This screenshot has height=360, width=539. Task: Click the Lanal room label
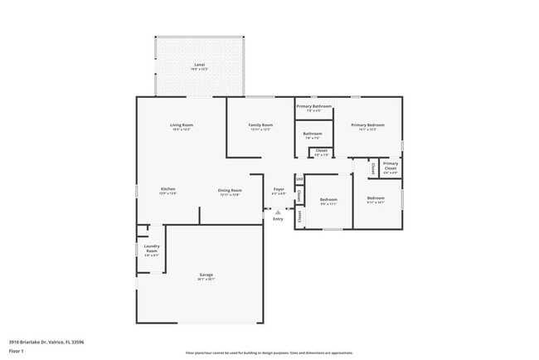(199, 64)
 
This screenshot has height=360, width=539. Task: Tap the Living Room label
(182, 124)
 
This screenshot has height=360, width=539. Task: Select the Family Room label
(260, 124)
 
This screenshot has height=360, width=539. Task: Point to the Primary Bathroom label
(314, 106)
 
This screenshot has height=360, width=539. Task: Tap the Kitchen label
(168, 189)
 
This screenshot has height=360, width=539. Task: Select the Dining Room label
(230, 189)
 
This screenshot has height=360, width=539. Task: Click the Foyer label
(279, 189)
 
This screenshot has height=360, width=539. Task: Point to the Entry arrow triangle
(278, 212)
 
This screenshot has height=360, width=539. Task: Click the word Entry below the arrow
(278, 219)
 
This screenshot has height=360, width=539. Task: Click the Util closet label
(299, 178)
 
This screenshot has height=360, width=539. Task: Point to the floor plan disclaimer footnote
(269, 353)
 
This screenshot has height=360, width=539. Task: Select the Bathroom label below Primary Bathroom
(313, 134)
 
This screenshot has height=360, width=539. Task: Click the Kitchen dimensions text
(168, 194)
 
